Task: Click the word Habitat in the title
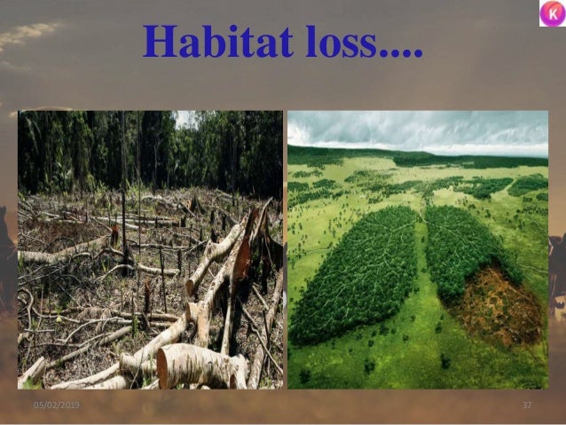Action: point(200,41)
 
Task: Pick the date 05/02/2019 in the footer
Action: point(56,405)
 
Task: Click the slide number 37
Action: point(526,405)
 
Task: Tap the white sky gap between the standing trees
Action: point(185,118)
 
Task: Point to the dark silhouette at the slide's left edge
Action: point(7,257)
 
